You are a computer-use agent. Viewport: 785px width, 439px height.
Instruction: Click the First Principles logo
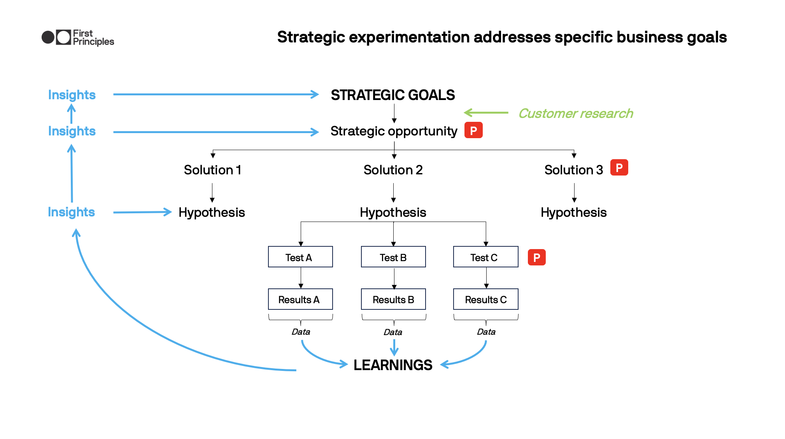tap(77, 37)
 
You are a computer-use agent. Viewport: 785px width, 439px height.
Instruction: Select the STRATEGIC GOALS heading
tap(392, 95)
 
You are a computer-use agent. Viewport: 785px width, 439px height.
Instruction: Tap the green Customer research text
tap(575, 113)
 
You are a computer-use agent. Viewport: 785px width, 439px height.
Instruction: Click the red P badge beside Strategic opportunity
tap(473, 130)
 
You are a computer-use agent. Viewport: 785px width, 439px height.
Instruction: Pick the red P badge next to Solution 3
tap(619, 168)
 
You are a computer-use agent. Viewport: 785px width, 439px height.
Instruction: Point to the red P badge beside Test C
tap(536, 257)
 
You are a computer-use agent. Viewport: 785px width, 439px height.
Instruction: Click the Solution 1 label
tap(212, 170)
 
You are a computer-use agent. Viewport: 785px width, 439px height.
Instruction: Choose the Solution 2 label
tap(393, 170)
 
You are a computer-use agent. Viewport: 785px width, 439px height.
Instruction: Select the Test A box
tap(300, 257)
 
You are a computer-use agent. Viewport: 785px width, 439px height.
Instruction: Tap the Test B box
tap(393, 257)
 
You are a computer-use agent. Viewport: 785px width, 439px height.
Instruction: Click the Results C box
tap(485, 299)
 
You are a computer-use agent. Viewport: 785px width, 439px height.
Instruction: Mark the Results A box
tap(300, 299)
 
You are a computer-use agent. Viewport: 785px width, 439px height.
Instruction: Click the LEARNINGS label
tap(392, 365)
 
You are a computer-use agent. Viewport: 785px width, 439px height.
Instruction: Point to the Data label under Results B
tap(393, 332)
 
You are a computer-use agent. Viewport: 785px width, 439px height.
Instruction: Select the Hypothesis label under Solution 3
tap(573, 212)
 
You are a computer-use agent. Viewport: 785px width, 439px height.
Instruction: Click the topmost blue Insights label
tap(72, 95)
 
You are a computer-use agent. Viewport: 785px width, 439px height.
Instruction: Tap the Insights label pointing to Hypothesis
tap(71, 212)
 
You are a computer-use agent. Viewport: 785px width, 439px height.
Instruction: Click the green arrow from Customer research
tap(486, 113)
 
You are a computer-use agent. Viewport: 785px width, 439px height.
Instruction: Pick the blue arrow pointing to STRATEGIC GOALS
tap(216, 94)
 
